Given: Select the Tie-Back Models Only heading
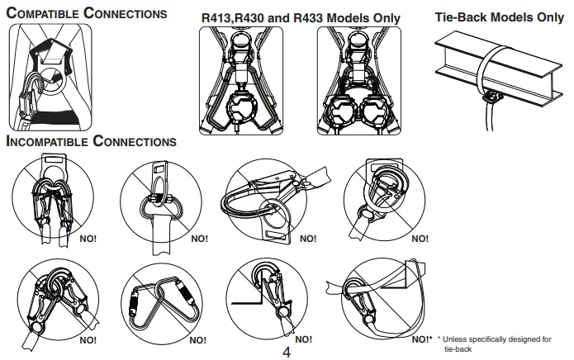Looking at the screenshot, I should pos(499,17).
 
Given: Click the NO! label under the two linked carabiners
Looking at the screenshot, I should pos(198,339).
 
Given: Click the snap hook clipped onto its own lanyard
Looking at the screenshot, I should pos(372,301).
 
